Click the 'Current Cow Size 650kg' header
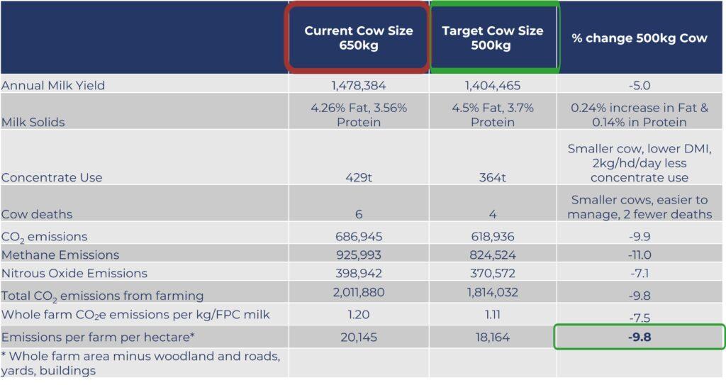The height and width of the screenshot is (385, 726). click(358, 38)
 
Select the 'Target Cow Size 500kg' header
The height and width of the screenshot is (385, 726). click(492, 38)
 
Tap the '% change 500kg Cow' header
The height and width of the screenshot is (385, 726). click(640, 38)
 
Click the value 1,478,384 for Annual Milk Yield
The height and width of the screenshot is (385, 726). click(358, 86)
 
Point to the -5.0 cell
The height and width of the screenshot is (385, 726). click(640, 86)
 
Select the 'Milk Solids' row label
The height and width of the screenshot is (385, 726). click(33, 123)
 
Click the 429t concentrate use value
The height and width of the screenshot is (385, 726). click(358, 177)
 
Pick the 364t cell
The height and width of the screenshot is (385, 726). click(492, 177)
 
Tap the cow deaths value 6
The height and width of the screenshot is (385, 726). click(358, 214)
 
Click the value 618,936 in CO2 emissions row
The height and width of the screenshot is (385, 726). click(492, 237)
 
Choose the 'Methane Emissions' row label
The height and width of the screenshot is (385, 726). click(60, 255)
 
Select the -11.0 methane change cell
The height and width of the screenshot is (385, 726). click(640, 255)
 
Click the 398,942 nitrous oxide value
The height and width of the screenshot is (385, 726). click(358, 274)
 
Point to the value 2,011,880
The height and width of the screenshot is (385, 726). click(358, 292)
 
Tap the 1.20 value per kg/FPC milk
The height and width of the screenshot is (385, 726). click(358, 315)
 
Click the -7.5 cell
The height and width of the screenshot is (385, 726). click(640, 318)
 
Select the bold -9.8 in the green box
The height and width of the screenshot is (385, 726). click(640, 337)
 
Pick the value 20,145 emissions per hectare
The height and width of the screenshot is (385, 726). click(358, 337)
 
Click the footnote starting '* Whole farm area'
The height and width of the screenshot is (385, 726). click(141, 363)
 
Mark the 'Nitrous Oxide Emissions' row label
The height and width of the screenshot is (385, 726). click(74, 274)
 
